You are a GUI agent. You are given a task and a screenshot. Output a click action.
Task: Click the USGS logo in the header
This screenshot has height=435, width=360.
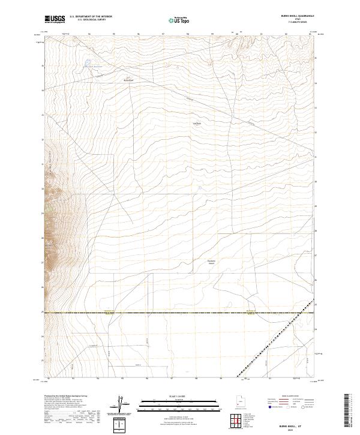point(55,19)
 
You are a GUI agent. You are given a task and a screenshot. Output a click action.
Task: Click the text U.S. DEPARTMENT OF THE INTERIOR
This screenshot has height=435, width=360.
point(91,17)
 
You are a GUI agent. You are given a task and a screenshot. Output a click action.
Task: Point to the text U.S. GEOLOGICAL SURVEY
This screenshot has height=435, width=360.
point(87,20)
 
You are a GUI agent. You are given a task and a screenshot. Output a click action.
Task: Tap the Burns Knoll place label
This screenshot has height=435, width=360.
point(128,80)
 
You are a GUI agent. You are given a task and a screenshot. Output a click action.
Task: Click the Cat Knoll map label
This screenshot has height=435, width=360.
point(196,124)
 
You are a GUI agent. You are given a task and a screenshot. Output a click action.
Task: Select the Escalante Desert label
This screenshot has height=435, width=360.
point(211,262)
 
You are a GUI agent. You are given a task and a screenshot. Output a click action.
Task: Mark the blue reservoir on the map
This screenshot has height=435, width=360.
point(87,62)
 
